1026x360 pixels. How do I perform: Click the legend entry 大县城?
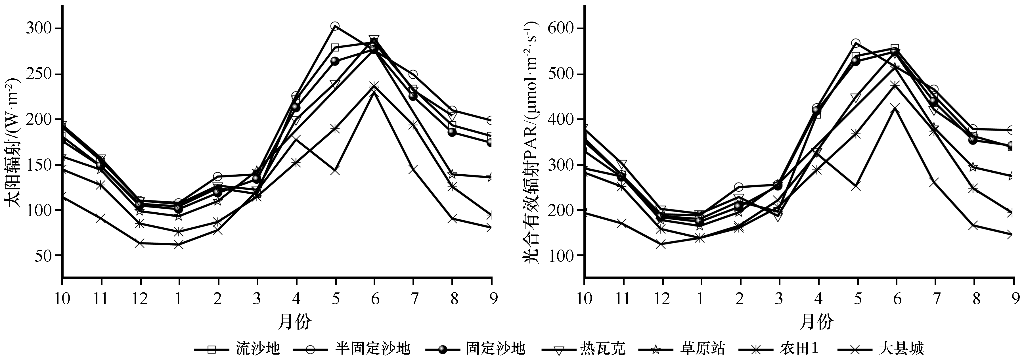[x=901, y=349]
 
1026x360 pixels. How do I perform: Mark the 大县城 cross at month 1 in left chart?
[x=179, y=244]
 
